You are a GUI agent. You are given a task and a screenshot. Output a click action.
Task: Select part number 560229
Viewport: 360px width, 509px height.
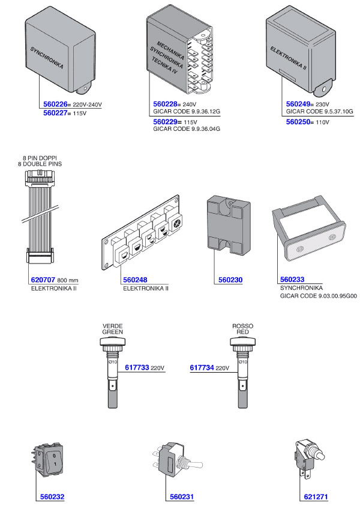(167, 121)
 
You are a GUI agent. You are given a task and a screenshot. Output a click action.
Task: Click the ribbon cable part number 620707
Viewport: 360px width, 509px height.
(43, 280)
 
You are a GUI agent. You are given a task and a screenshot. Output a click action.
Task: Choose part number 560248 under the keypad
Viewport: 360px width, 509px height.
(136, 280)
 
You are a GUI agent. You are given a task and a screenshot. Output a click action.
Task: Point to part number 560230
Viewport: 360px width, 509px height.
(228, 280)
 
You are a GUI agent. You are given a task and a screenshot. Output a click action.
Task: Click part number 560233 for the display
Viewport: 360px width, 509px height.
(293, 280)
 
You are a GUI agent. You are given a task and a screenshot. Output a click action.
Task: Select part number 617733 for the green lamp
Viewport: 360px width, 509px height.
(137, 367)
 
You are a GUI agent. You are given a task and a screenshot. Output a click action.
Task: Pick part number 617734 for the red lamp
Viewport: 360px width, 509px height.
(202, 367)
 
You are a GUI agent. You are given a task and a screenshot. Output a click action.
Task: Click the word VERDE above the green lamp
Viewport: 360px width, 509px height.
(112, 326)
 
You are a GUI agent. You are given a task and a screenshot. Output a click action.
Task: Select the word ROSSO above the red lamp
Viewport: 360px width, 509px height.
(242, 326)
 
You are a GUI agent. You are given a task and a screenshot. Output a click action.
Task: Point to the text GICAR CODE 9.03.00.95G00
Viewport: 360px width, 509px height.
(319, 296)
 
